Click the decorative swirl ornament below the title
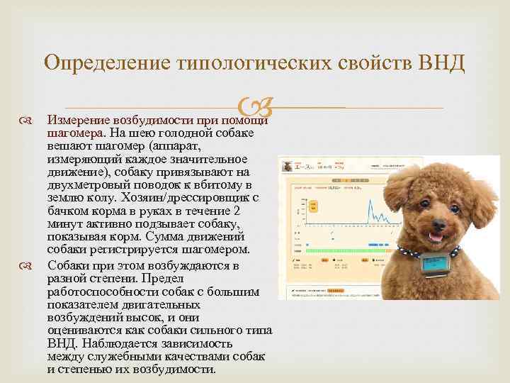click(x=254, y=109)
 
